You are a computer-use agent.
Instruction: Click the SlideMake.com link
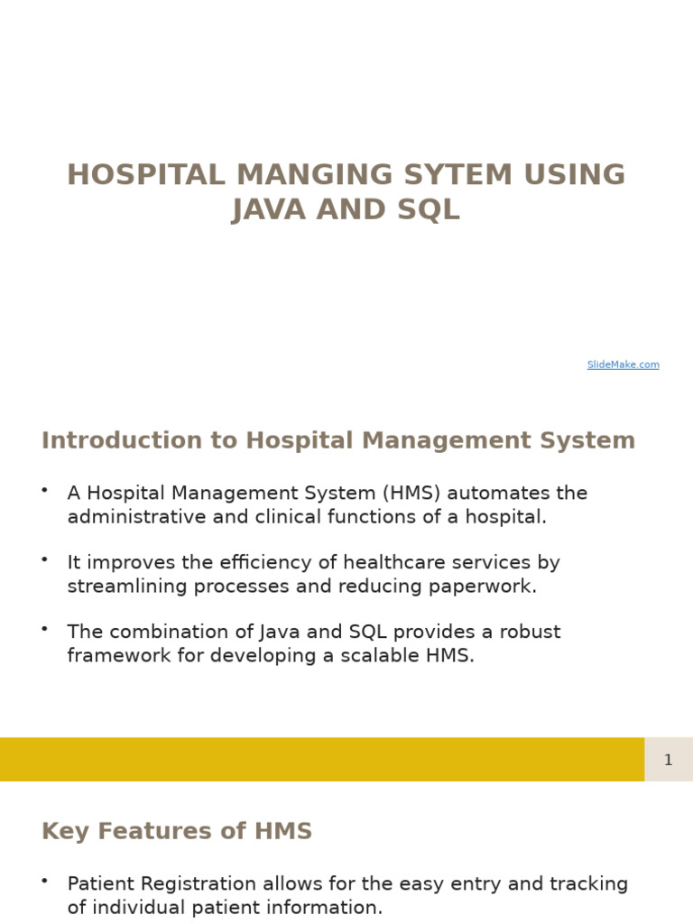click(623, 365)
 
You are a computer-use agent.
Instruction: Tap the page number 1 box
click(668, 760)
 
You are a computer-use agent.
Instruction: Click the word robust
click(529, 632)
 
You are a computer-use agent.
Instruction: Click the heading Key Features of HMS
click(177, 832)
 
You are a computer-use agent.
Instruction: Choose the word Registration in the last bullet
click(199, 884)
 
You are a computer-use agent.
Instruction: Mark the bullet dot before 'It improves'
click(44, 559)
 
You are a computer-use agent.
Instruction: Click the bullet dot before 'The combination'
click(44, 629)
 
